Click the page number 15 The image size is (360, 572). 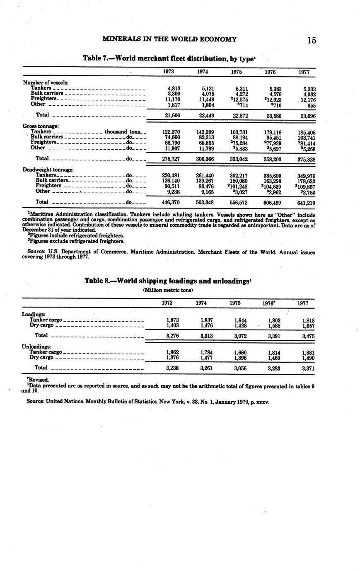(312, 40)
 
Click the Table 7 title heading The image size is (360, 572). (169, 58)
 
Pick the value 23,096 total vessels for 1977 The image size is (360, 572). (307, 116)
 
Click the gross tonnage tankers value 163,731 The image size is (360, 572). (238, 132)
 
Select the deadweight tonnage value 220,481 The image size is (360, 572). (171, 175)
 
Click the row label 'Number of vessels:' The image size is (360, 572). (46, 82)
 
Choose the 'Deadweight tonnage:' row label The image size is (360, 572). (48, 170)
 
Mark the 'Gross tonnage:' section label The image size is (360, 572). (41, 126)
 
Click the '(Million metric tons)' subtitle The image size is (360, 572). (168, 290)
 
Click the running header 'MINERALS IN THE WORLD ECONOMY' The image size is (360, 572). (169, 39)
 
